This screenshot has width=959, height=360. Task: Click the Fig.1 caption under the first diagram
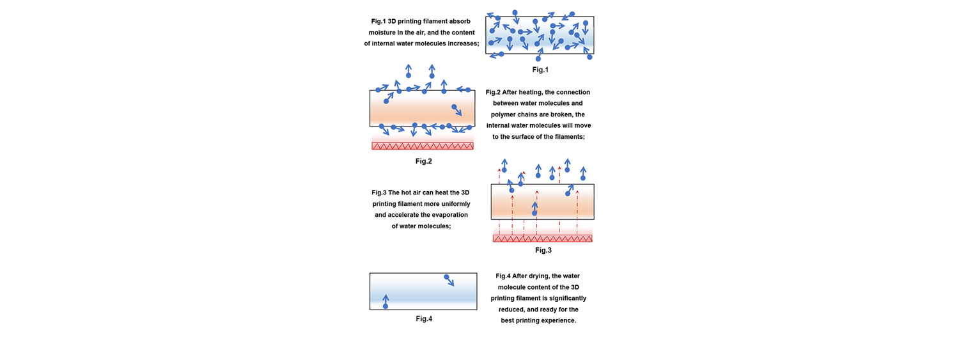pos(540,69)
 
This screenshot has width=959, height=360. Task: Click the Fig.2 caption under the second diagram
pos(423,161)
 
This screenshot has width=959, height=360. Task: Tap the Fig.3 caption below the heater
pos(543,250)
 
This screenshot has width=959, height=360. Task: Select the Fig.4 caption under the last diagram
pos(424,318)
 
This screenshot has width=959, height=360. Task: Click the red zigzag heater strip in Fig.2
pos(423,146)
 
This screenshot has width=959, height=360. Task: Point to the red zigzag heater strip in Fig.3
pos(542,239)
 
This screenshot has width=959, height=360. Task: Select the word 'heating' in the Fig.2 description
pos(531,92)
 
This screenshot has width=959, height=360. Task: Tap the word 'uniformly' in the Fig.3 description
pos(455,204)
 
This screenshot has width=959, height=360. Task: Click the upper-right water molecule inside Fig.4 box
pos(446,278)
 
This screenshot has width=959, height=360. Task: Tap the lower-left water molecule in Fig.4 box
pos(386,306)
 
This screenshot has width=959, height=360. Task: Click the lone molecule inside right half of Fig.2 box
pos(454,107)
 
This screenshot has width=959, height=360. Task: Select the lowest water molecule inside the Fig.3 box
pos(534,213)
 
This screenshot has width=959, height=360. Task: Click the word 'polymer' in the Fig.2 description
pos(503,114)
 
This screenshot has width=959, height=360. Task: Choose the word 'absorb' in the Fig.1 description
pos(460,21)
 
